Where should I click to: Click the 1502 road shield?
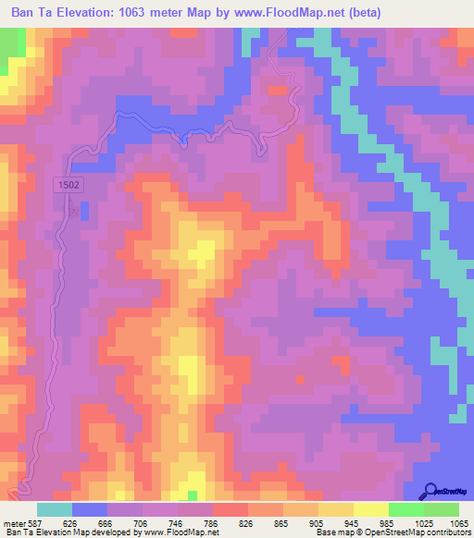coord(69,185)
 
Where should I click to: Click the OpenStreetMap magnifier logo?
coord(430,491)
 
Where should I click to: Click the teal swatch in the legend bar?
coord(54,508)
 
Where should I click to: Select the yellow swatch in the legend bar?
coord(370,508)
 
